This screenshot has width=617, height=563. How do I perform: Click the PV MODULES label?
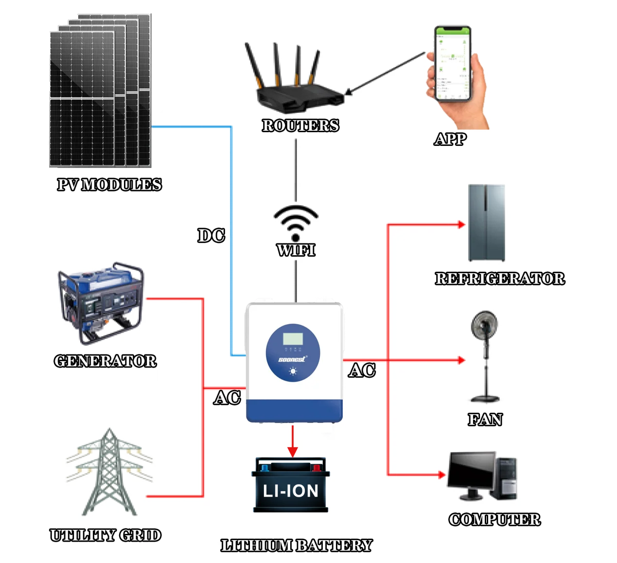(x=109, y=185)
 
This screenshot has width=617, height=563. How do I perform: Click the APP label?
(x=451, y=139)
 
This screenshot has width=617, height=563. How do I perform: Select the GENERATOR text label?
(x=106, y=361)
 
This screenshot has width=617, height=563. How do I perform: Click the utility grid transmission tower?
(x=109, y=474)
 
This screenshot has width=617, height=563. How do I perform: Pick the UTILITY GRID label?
(x=106, y=535)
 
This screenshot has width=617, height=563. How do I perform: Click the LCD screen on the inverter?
(x=293, y=339)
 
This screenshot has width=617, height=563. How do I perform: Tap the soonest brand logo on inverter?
(x=292, y=359)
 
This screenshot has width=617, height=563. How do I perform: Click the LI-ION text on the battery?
(x=291, y=491)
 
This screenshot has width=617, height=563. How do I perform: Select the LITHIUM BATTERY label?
(x=296, y=545)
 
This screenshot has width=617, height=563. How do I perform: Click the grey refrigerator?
(x=486, y=223)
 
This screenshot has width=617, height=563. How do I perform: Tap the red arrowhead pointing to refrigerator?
(x=461, y=225)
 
